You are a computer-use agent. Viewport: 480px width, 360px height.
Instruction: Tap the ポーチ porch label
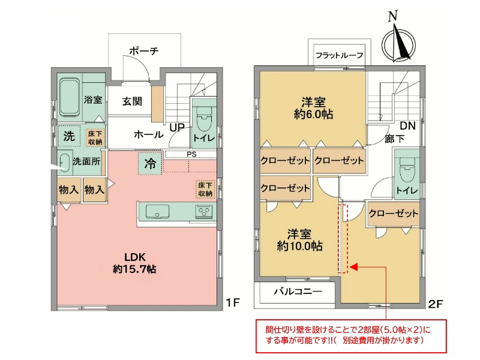(144, 50)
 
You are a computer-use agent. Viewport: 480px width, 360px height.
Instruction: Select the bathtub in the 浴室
(70, 97)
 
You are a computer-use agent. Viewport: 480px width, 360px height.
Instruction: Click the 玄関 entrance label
(132, 101)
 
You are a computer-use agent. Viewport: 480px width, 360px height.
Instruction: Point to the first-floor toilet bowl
(203, 119)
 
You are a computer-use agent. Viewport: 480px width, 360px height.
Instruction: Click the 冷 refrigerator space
(150, 163)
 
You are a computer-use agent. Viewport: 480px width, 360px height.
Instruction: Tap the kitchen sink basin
(157, 211)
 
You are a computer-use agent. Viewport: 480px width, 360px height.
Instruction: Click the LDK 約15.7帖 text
(134, 263)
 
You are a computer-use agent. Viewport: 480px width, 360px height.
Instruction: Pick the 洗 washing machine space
(69, 136)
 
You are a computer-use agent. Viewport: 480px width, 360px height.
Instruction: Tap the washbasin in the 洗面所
(65, 162)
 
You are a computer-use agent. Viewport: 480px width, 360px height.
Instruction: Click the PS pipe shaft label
(191, 154)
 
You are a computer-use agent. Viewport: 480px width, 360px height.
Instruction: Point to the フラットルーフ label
(340, 55)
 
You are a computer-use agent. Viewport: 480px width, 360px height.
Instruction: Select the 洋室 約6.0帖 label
(313, 108)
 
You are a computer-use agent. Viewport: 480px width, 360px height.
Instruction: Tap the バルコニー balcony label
(298, 291)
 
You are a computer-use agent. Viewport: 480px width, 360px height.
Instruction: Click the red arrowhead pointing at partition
(354, 267)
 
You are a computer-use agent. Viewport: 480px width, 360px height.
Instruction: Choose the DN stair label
(408, 126)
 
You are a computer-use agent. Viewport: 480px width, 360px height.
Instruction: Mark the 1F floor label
(232, 302)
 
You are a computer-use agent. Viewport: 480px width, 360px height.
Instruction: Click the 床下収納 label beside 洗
(95, 138)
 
